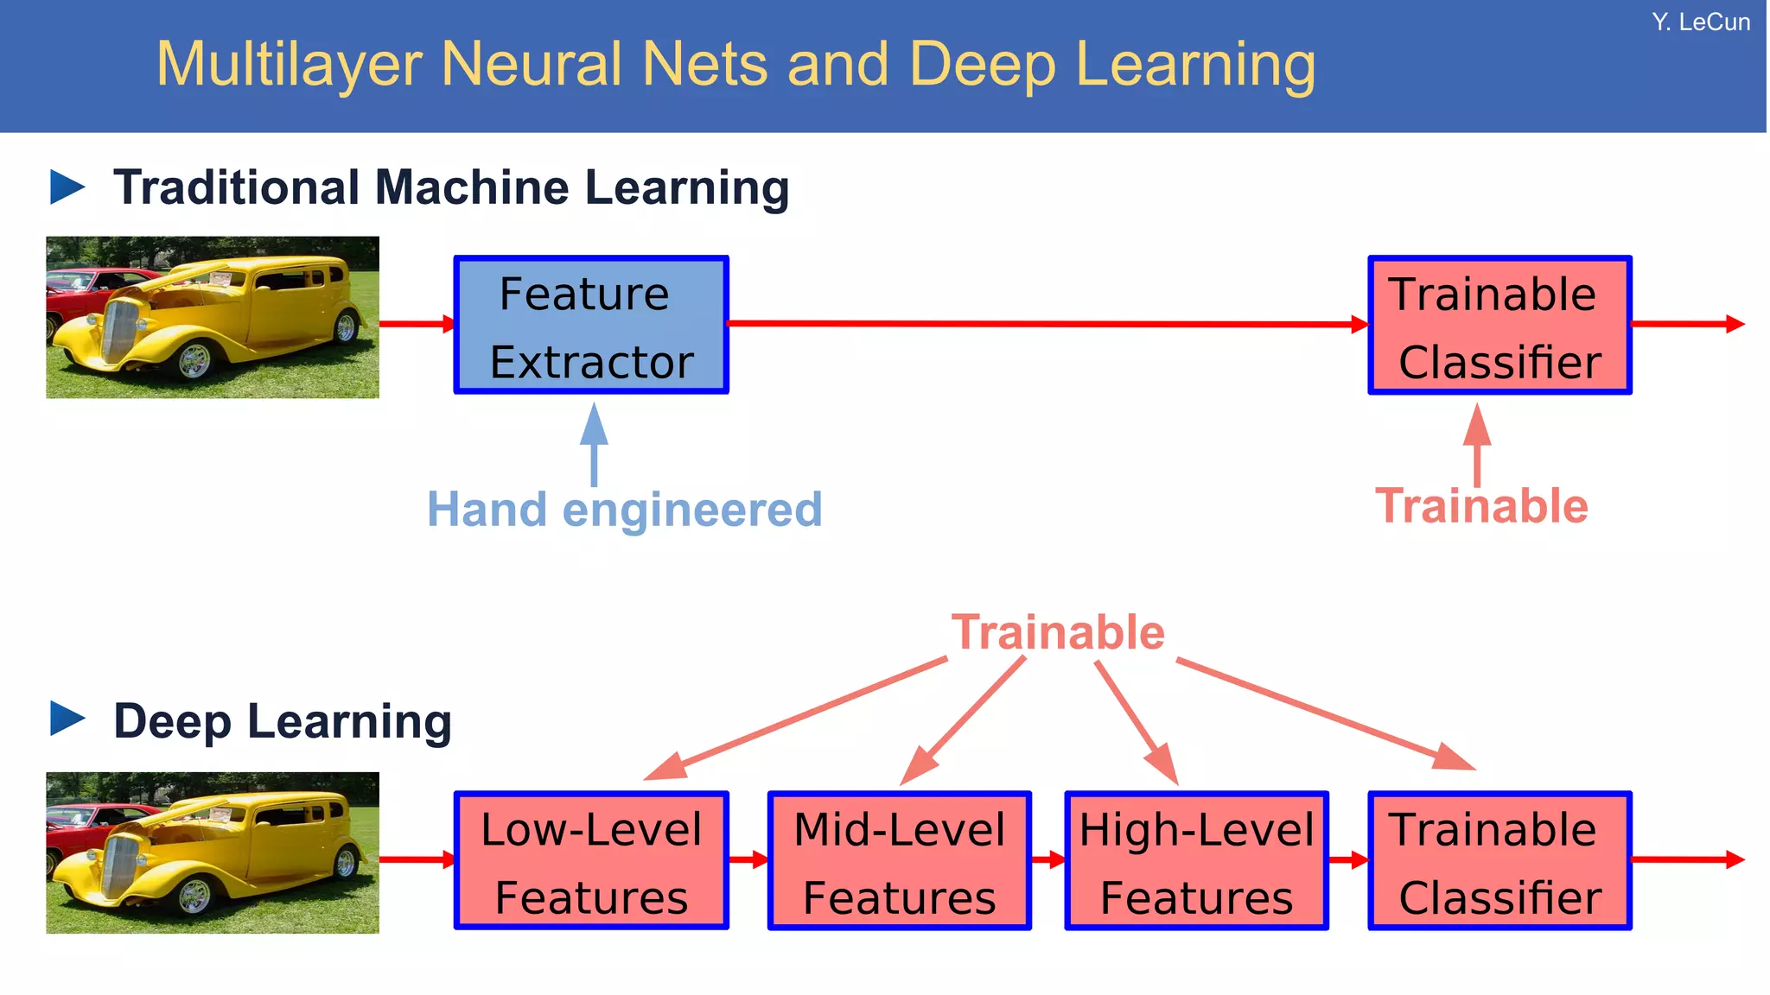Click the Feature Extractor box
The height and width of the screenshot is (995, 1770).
coord(591,326)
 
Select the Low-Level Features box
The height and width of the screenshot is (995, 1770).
coord(591,861)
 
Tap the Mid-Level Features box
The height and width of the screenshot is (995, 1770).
coord(899,861)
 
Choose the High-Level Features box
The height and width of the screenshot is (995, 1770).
coord(1196,861)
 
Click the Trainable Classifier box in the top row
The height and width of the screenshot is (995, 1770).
coord(1499,326)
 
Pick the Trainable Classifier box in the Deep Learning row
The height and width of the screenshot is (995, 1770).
coord(1499,861)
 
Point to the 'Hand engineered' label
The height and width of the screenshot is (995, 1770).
coord(624,510)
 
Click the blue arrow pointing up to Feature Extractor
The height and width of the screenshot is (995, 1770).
coord(594,444)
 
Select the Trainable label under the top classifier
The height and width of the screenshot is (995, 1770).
coord(1481,506)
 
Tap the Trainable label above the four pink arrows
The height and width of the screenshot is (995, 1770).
coord(1058,632)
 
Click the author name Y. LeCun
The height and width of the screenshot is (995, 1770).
coord(1700,22)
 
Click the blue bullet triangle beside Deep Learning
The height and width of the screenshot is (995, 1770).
coord(67,719)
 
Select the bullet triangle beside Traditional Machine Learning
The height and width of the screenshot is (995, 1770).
coord(67,187)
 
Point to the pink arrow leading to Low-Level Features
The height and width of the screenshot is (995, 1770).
coord(795,718)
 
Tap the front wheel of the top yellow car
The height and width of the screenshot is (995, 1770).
coord(194,361)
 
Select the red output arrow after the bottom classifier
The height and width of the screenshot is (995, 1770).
coord(1685,859)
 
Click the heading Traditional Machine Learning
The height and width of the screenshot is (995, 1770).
coord(451,187)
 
